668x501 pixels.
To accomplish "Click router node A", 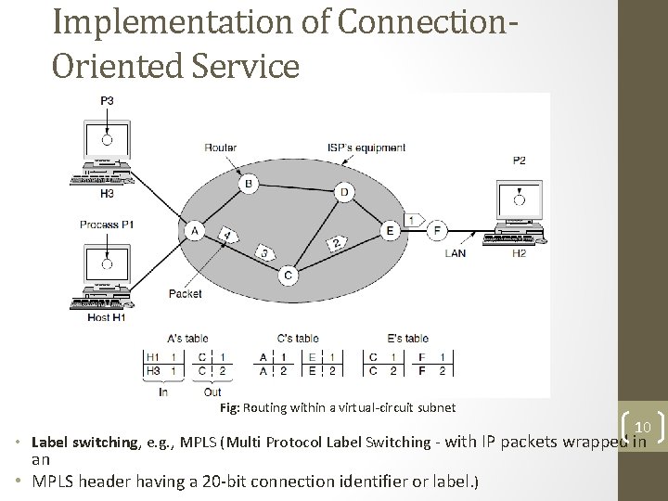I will coord(195,230).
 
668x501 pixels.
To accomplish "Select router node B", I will coord(249,185).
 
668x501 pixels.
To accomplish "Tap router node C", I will coord(289,275).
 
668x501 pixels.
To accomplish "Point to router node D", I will coord(345,192).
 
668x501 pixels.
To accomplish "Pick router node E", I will coord(391,230).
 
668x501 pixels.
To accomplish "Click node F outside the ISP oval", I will coord(438,230).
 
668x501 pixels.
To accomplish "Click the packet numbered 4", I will coord(225,236).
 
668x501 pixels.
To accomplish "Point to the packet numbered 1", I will coord(409,219).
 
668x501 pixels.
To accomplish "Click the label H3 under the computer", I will coord(107,193).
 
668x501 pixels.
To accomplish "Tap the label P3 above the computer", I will coord(108,99).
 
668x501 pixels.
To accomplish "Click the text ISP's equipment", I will coord(366,148).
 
